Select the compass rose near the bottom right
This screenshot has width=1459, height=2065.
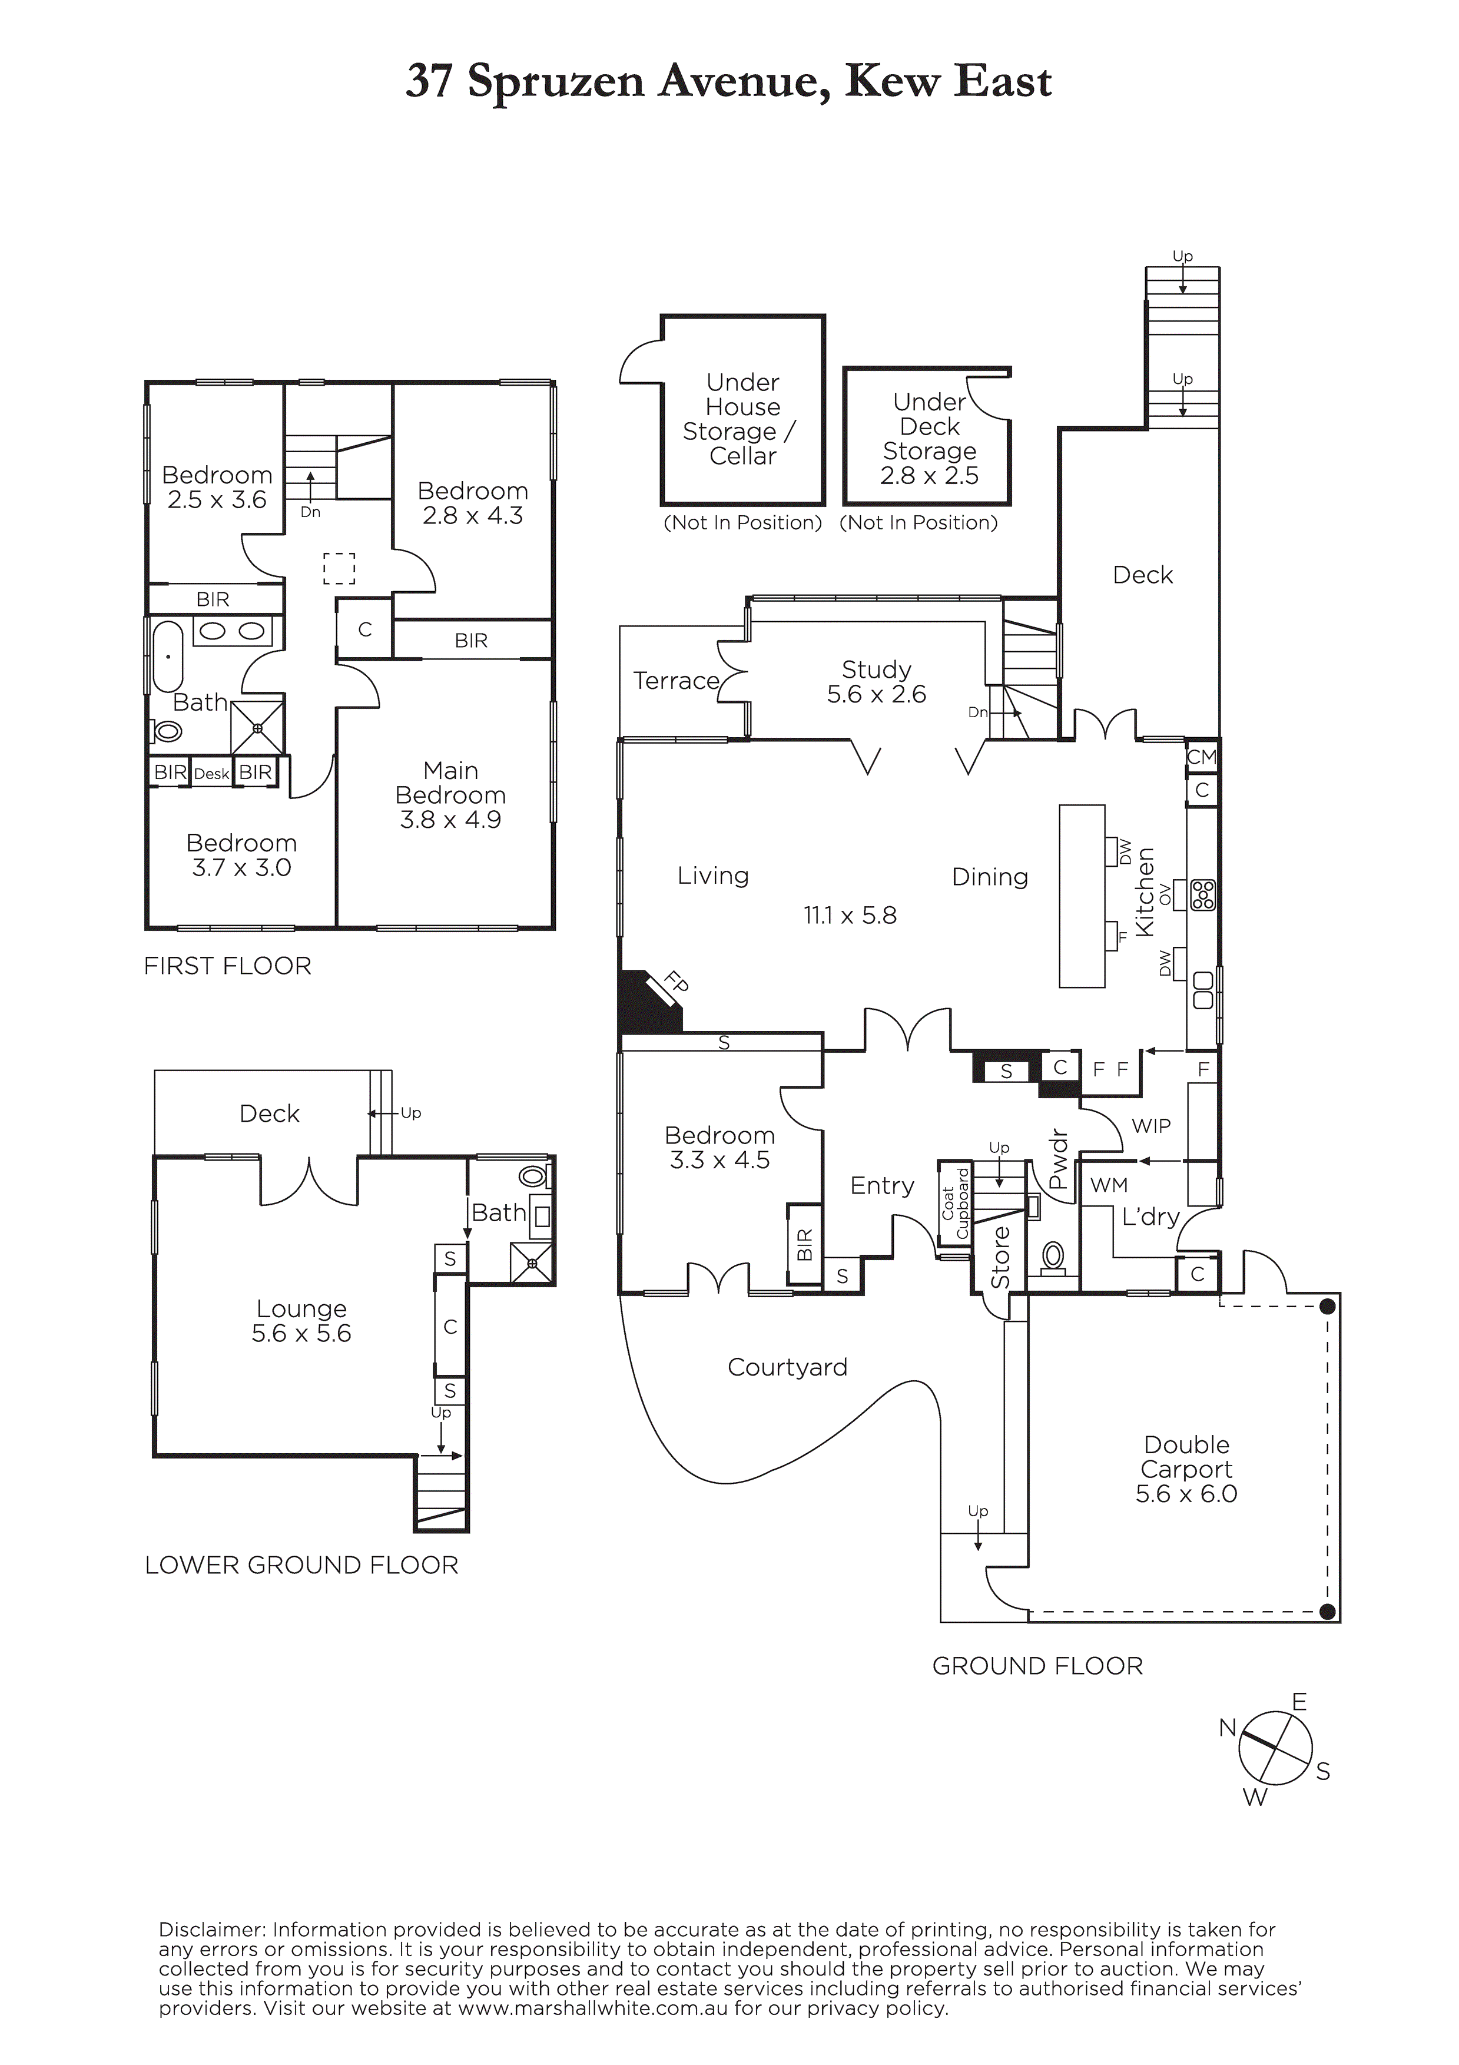(1274, 1749)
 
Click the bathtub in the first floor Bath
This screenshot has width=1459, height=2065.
(168, 655)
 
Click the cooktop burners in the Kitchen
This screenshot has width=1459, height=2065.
(1203, 894)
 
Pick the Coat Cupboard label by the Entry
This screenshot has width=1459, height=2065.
(955, 1202)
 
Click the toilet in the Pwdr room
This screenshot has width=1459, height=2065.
(1052, 1257)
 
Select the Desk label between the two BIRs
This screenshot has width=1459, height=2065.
(213, 774)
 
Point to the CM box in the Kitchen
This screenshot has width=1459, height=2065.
(1202, 757)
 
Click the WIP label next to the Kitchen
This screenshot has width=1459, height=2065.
(1152, 1125)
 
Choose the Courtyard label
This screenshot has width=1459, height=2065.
(787, 1367)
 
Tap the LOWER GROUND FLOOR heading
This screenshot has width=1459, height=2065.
(301, 1566)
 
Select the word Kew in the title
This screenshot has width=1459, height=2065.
(893, 82)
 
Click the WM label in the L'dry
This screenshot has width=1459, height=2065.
(1109, 1185)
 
